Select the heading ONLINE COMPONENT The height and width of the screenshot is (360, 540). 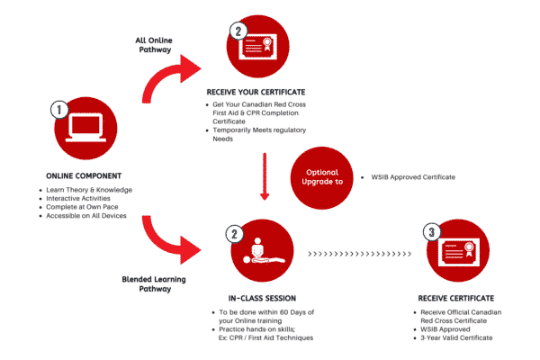pyautogui.click(x=85, y=175)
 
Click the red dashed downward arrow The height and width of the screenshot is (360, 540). pyautogui.click(x=264, y=175)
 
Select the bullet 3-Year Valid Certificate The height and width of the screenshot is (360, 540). pyautogui.click(x=469, y=337)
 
